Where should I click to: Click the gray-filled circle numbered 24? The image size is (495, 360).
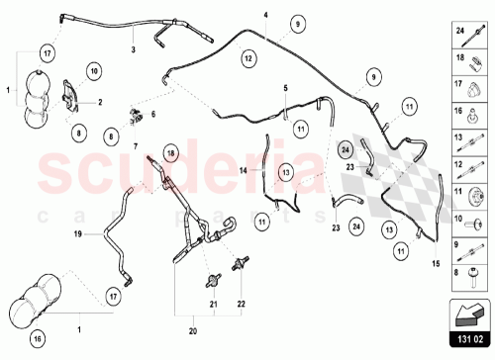coord(345,150)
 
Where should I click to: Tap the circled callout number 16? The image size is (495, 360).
coord(38,340)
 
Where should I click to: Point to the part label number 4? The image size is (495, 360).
coord(265,16)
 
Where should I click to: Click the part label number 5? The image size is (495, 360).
coord(285,89)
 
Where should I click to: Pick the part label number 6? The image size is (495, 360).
coord(152,115)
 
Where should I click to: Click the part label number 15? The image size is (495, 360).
coord(435,263)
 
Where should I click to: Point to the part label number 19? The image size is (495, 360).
coord(75,234)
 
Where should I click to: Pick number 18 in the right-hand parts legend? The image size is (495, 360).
coord(460,58)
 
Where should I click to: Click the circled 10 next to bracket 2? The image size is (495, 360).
coord(93,71)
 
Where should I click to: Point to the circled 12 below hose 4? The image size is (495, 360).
coord(248,59)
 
